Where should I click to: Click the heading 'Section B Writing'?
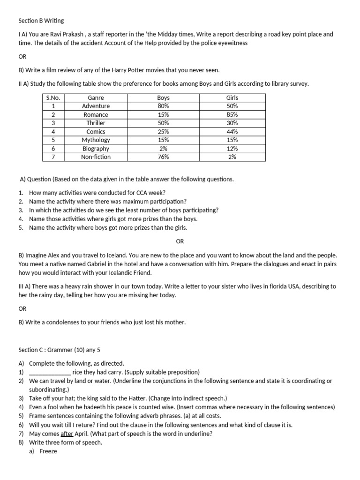[41, 21]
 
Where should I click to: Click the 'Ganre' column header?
[96, 97]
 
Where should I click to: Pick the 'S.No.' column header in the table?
[53, 97]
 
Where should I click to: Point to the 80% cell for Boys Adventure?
[164, 106]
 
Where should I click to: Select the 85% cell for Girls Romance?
[232, 114]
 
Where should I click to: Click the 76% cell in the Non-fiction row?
[164, 157]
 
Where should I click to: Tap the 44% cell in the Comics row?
[232, 132]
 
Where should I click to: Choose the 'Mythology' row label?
[96, 140]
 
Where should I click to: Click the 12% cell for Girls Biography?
[232, 149]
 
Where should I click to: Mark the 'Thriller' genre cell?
[96, 123]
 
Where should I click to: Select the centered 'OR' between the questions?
[180, 241]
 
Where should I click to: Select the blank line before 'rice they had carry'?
[50, 372]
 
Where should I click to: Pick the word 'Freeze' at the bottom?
[48, 451]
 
